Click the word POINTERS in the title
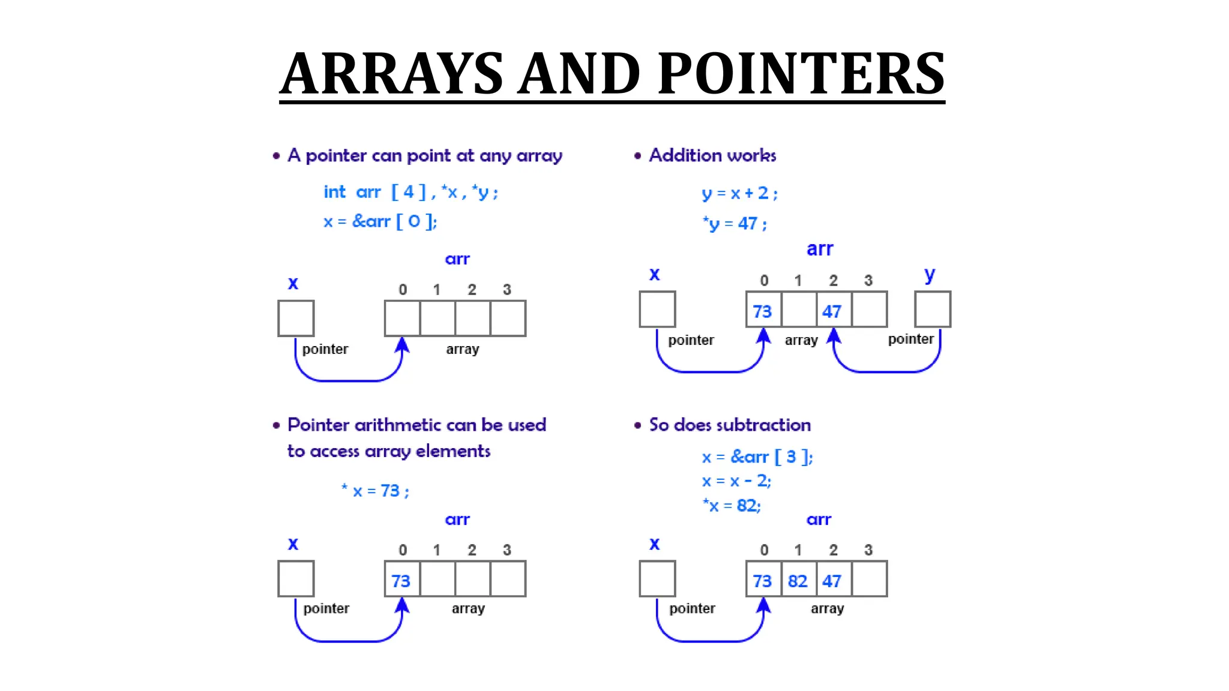[x=801, y=74]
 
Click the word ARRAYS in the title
[x=392, y=74]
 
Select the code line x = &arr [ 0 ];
[x=380, y=221]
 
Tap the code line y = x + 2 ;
[x=739, y=193]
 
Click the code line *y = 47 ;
[x=735, y=224]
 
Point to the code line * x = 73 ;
[x=375, y=491]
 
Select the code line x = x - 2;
[x=736, y=481]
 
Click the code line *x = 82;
[x=732, y=506]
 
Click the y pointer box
[x=933, y=309]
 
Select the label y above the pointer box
[x=930, y=274]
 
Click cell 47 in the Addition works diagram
[x=833, y=310]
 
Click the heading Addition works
[x=712, y=155]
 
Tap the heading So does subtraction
[x=730, y=425]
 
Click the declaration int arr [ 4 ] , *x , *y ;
[x=410, y=192]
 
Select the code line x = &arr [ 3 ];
[x=757, y=457]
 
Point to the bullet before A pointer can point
[x=276, y=156]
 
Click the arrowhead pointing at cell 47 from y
[x=834, y=335]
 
